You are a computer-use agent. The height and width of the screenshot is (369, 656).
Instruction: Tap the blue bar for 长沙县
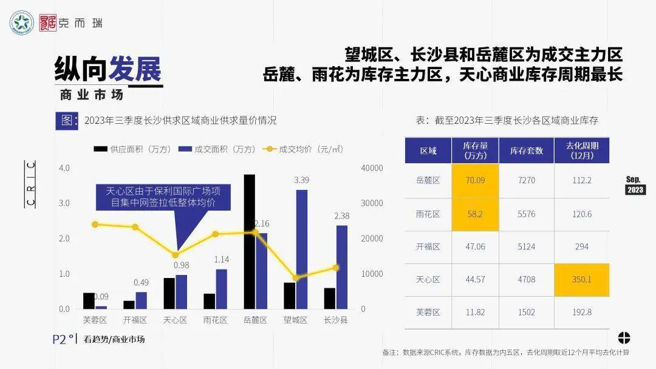342,267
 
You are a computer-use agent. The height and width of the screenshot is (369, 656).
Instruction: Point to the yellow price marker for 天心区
176,255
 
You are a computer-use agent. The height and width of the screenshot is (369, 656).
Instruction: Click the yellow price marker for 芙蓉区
95,225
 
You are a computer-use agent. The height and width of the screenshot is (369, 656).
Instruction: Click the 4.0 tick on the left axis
64,168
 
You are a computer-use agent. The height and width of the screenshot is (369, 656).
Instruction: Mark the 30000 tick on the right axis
371,203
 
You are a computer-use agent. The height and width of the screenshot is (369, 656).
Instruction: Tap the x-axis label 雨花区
215,320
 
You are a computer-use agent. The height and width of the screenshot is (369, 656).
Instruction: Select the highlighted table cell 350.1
581,280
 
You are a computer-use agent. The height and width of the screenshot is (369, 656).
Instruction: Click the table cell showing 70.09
476,180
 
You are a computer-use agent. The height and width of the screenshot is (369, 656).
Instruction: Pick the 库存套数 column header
526,151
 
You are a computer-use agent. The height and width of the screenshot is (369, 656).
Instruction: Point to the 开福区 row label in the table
429,246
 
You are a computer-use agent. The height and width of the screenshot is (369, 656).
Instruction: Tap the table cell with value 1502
526,313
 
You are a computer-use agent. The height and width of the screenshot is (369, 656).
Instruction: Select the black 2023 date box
635,190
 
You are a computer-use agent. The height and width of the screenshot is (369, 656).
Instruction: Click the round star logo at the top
22,23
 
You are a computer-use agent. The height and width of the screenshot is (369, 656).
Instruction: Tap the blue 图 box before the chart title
66,120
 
